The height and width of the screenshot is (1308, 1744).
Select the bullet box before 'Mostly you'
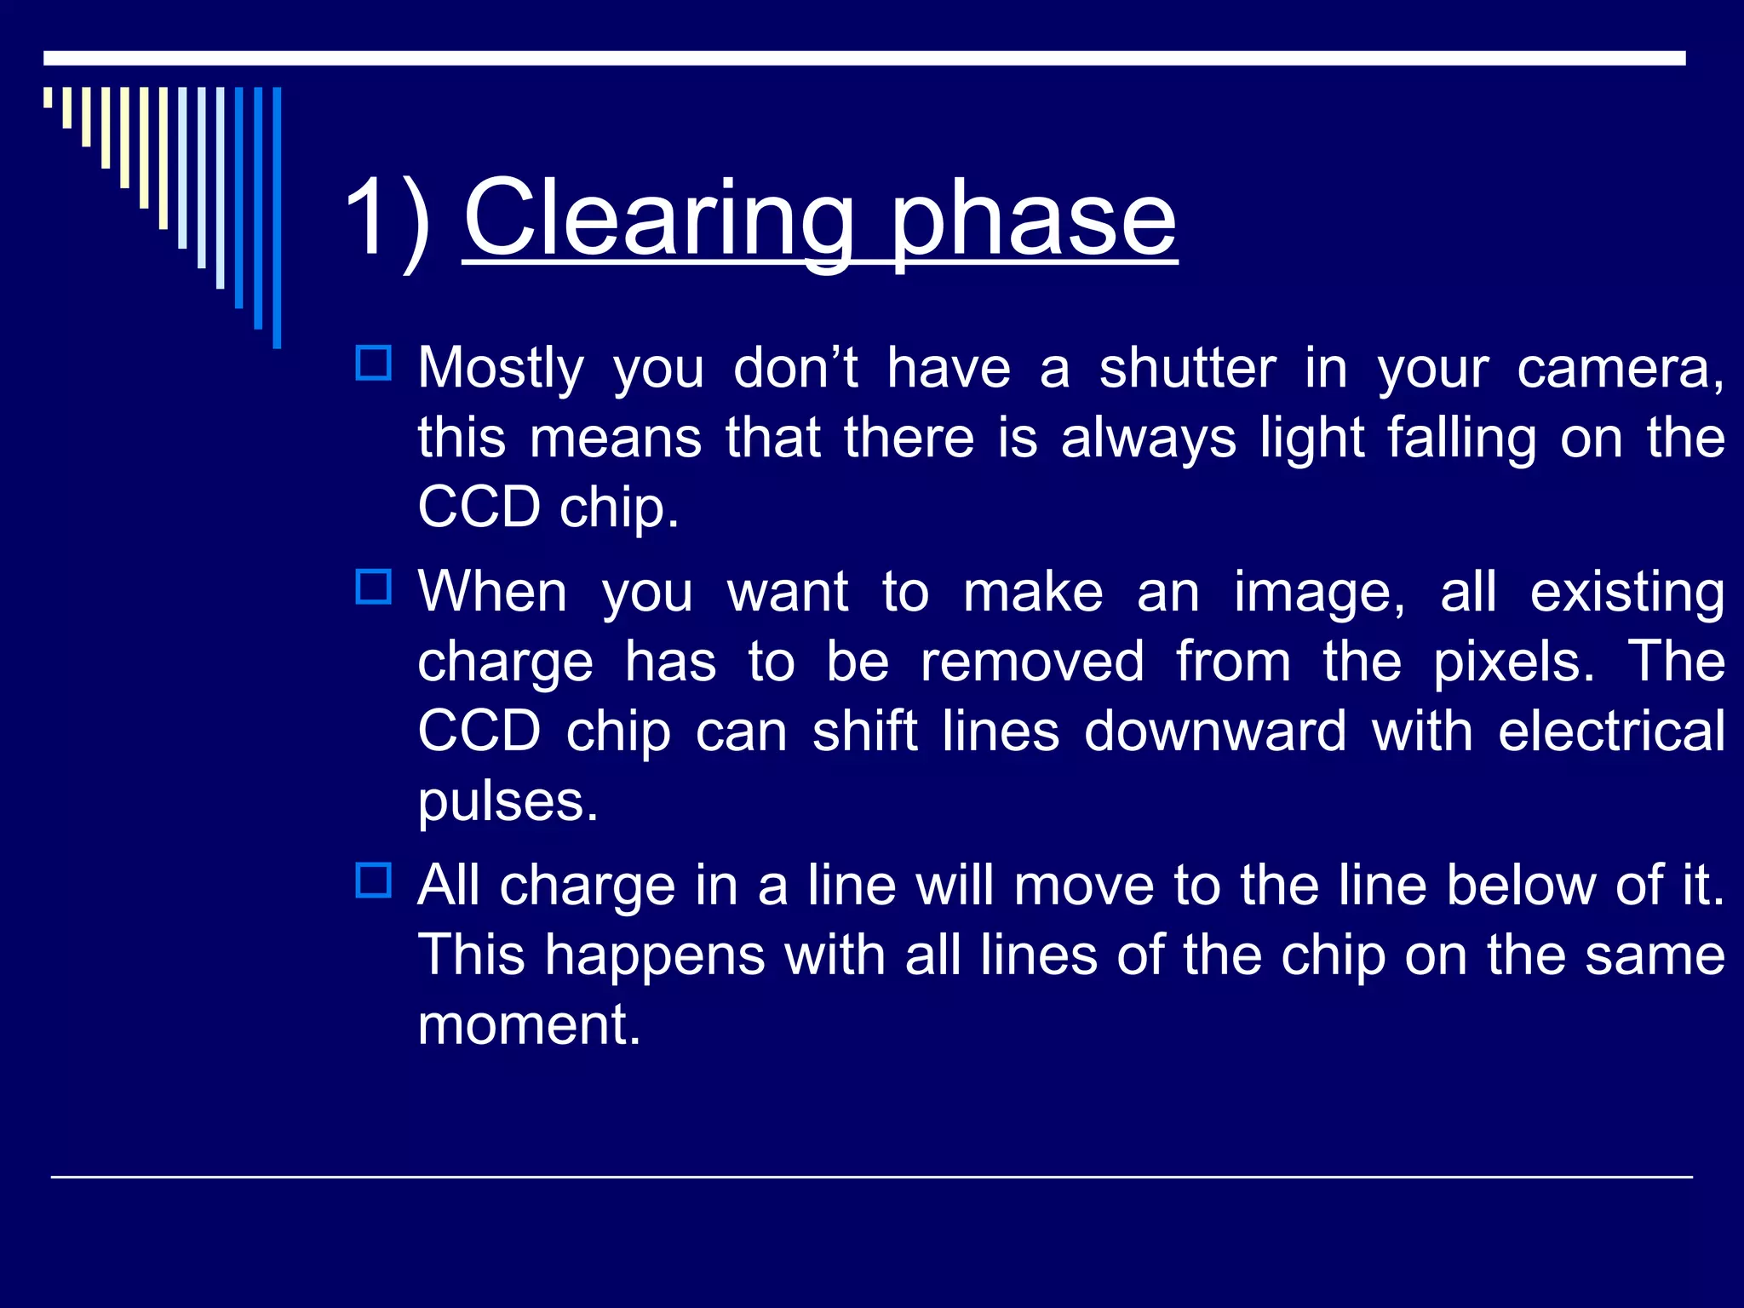(373, 364)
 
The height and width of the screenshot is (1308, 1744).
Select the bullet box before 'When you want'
(373, 587)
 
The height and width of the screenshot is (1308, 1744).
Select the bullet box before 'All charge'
(373, 881)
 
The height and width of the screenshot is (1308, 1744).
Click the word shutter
(1187, 368)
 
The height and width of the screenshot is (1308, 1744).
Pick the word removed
(1031, 662)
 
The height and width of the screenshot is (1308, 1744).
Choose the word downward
(1214, 731)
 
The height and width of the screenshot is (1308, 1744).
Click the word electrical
(1610, 731)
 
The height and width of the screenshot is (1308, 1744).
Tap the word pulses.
(508, 801)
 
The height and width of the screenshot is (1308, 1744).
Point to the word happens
(654, 955)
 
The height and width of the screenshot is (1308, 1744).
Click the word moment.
(528, 1024)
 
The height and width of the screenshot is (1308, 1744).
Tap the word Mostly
(501, 368)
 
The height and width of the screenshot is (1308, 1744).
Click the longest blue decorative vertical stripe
(277, 217)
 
